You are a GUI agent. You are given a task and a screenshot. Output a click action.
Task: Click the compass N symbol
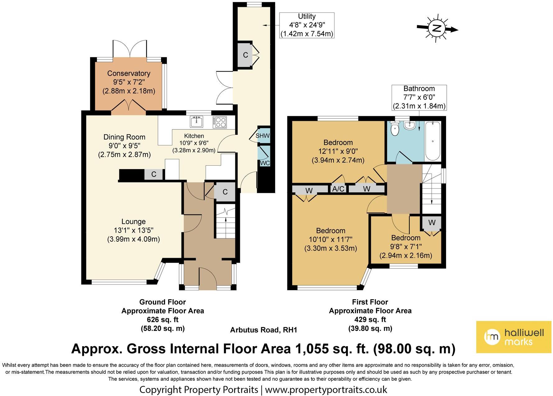click(x=437, y=29)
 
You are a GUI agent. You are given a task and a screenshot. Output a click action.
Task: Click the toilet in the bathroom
click(x=395, y=128)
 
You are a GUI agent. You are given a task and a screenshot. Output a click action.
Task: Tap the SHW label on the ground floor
click(x=262, y=136)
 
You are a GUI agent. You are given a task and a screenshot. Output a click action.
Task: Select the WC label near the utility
click(x=265, y=163)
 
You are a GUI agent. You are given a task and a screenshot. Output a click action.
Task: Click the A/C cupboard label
click(x=338, y=189)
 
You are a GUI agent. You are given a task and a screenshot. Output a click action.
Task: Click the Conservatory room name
click(x=129, y=73)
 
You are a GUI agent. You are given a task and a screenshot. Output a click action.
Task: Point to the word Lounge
click(x=133, y=222)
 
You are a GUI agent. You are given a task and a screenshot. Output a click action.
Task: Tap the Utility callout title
click(x=307, y=16)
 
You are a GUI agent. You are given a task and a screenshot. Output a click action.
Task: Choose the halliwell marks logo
click(x=514, y=337)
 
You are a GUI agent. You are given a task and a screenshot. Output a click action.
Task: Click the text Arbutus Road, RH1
click(x=264, y=330)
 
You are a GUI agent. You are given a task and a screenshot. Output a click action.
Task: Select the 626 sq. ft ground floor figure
click(x=163, y=319)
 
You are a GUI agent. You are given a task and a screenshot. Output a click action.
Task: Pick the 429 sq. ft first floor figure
click(x=370, y=319)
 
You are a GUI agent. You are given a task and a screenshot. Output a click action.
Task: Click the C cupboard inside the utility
click(x=246, y=55)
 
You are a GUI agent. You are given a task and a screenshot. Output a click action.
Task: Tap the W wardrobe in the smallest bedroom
click(x=432, y=223)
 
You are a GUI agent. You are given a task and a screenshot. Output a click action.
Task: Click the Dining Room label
click(x=124, y=137)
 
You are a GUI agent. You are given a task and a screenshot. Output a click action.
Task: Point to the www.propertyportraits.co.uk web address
click(x=326, y=389)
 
